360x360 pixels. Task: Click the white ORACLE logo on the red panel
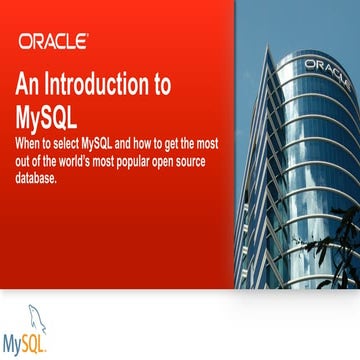tap(53, 42)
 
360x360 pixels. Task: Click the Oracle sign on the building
tap(324, 67)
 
